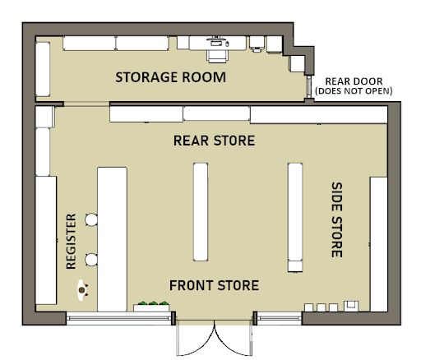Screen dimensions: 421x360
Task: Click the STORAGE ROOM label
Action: [170, 77]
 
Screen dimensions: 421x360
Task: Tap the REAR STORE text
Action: [215, 141]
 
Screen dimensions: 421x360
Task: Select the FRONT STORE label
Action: [215, 285]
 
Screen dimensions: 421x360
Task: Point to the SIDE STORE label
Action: [337, 219]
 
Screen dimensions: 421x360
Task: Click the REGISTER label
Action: [72, 242]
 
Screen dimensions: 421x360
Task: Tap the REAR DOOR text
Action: [354, 81]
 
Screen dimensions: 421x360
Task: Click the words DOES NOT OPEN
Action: [354, 91]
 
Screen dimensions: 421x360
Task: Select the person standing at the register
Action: [82, 290]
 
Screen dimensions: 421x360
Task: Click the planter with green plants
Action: [151, 307]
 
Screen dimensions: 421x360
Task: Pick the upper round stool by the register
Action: [91, 219]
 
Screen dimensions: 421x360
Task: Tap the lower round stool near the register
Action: [91, 260]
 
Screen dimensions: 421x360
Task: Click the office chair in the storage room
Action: [218, 56]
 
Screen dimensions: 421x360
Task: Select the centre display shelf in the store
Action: [201, 212]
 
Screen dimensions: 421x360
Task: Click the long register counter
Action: [112, 239]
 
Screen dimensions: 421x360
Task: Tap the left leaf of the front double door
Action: [195, 338]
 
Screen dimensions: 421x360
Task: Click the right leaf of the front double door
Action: [234, 338]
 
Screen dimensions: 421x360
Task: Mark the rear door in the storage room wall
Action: [309, 87]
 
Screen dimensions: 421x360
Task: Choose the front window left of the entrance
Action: [118, 318]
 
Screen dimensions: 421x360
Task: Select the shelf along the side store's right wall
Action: [379, 244]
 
